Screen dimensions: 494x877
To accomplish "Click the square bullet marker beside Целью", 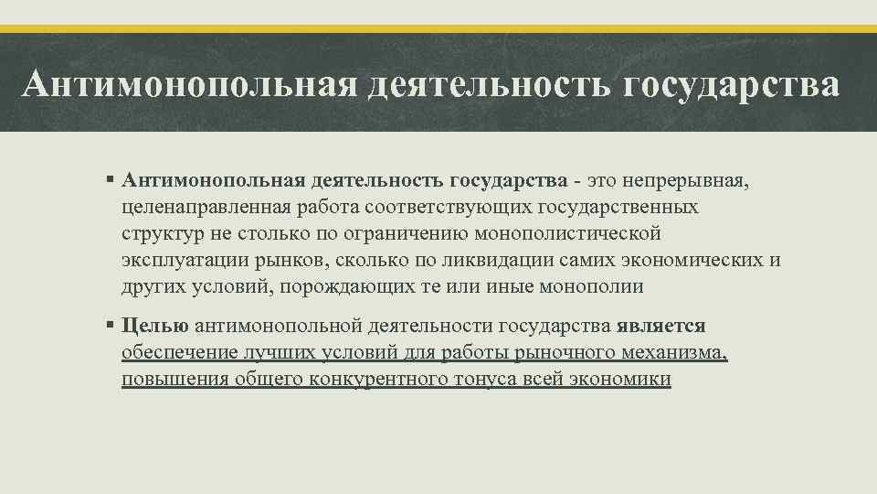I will point(110,325).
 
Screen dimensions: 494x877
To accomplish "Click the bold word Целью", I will point(154,326).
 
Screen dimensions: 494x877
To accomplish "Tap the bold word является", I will point(660,326).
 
